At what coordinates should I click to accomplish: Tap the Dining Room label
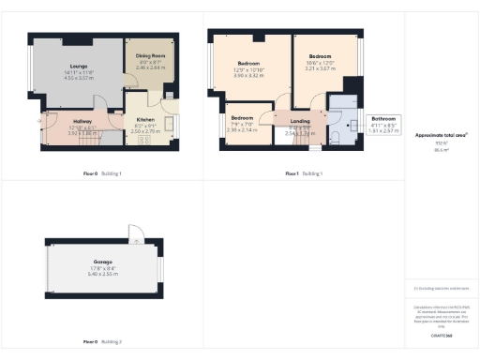coord(151,57)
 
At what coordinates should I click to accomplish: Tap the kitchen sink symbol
coord(172,120)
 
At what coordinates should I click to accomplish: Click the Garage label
coord(102,262)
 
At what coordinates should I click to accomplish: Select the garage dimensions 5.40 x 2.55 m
coord(102,273)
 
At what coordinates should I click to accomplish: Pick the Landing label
coord(300,121)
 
